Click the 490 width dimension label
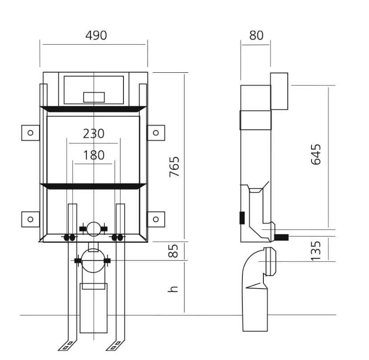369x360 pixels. (96, 35)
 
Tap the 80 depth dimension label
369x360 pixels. (256, 35)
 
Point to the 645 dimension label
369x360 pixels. (316, 154)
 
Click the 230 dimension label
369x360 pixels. (94, 134)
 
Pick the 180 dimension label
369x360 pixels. (94, 155)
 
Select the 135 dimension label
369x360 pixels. (316, 250)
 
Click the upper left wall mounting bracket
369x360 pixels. (30, 132)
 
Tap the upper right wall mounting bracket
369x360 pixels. (156, 132)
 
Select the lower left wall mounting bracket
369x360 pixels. (30, 219)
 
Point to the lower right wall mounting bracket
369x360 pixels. (156, 219)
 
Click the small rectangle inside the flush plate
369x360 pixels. (94, 96)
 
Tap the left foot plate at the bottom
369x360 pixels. (67, 345)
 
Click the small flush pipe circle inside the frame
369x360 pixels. (94, 229)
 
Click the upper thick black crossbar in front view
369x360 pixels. (94, 109)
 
